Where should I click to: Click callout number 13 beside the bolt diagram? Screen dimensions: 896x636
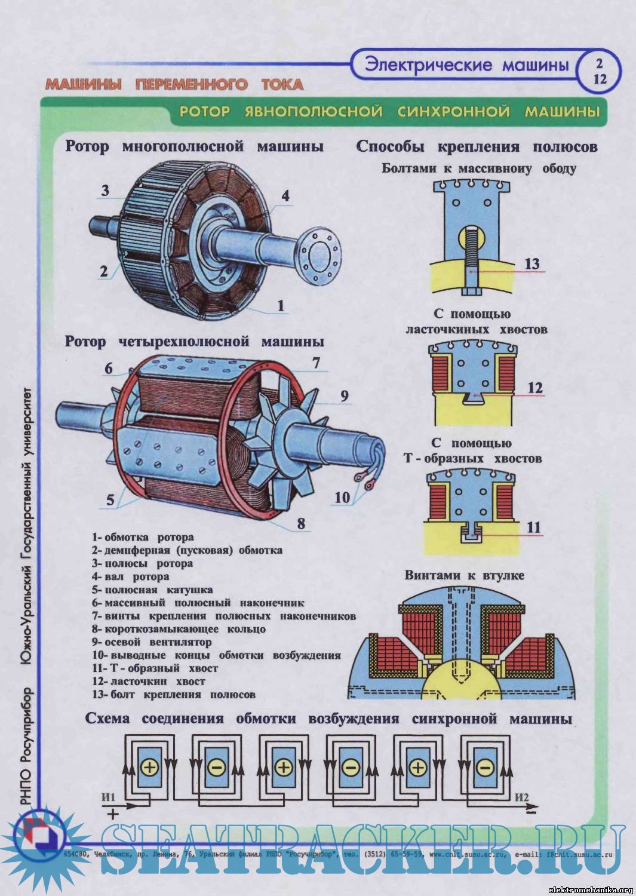click(x=531, y=264)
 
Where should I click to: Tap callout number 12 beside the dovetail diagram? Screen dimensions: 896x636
click(x=535, y=388)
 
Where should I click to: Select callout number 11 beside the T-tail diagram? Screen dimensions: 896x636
click(x=533, y=527)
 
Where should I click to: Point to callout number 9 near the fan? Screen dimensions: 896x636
click(x=344, y=396)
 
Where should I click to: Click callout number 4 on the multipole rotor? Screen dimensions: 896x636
click(x=285, y=196)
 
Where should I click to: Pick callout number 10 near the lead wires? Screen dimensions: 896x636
click(x=342, y=497)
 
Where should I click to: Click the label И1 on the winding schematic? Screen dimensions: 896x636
click(x=109, y=797)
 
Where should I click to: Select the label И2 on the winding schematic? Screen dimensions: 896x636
click(x=521, y=797)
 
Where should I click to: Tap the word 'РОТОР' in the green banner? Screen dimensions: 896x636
click(x=204, y=112)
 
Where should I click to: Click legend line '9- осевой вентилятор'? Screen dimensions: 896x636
click(x=152, y=642)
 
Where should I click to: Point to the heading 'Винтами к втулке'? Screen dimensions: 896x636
click(x=464, y=575)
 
